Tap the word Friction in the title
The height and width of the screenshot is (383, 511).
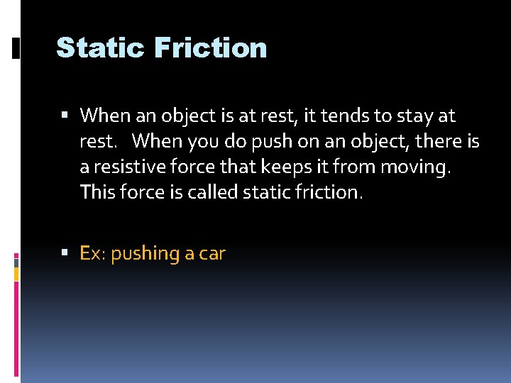[x=209, y=48]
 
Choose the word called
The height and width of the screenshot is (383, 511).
[x=213, y=192]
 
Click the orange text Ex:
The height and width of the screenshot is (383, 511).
[x=92, y=253]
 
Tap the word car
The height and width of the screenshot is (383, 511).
[x=212, y=253]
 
